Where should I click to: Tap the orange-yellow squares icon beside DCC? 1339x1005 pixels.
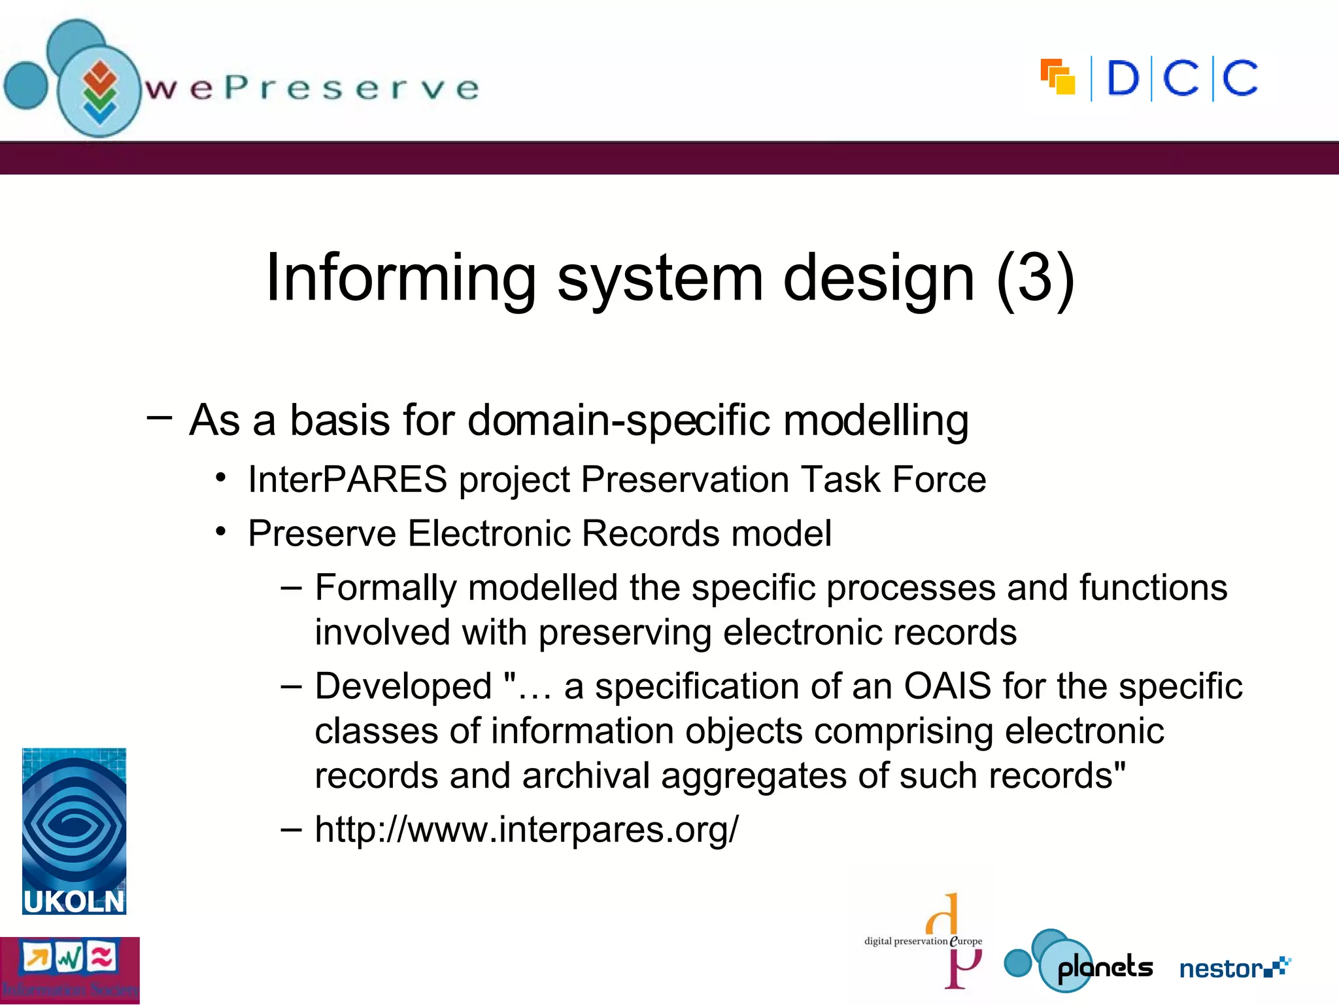pyautogui.click(x=1057, y=77)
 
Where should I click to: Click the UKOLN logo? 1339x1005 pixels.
pyautogui.click(x=74, y=831)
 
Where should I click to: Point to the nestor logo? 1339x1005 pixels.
pyautogui.click(x=1234, y=968)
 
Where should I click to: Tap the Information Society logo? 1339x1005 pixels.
pyautogui.click(x=69, y=970)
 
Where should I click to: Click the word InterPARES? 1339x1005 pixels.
pyautogui.click(x=347, y=479)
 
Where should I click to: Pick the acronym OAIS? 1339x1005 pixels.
pyautogui.click(x=947, y=686)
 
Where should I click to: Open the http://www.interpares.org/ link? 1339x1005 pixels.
pyautogui.click(x=526, y=829)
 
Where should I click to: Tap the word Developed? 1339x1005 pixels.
pyautogui.click(x=403, y=686)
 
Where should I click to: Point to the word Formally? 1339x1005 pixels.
pyautogui.click(x=385, y=587)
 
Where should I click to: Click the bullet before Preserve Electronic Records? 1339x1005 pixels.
pyautogui.click(x=222, y=532)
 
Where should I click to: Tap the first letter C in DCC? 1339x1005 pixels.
pyautogui.click(x=1181, y=79)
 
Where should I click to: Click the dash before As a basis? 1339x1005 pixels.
pyautogui.click(x=160, y=417)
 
